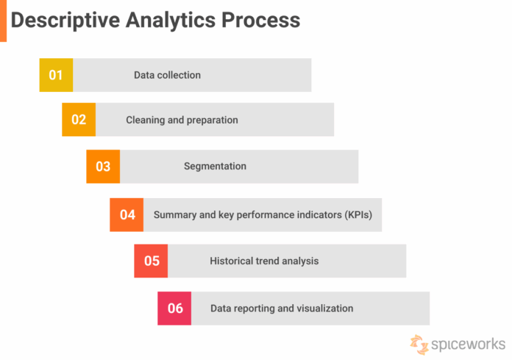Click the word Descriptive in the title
58,20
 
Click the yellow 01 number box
56,75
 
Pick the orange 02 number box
79,120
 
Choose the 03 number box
103,166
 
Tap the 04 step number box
127,215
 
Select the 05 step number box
151,261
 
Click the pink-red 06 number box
174,308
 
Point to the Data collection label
167,75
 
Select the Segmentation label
215,166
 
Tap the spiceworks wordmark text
468,344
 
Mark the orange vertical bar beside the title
3,21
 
